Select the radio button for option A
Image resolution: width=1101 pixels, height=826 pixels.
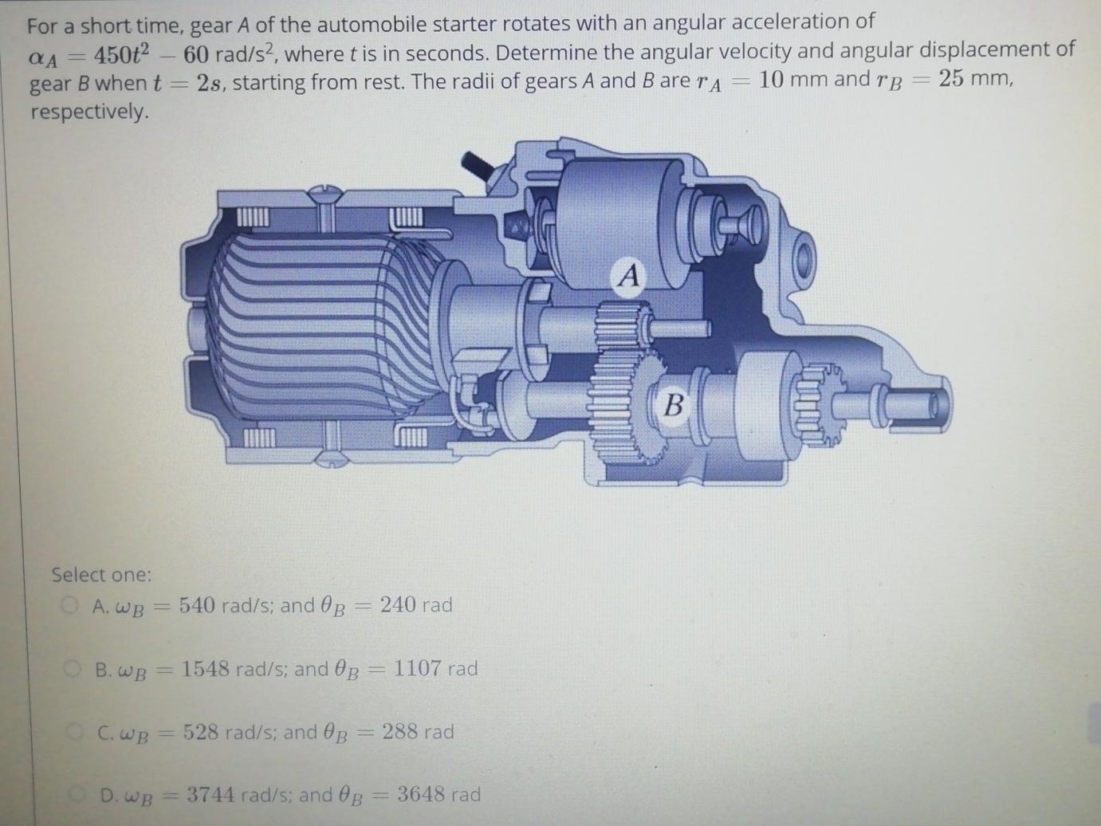pyautogui.click(x=70, y=604)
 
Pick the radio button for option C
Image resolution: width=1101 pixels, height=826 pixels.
pyautogui.click(x=77, y=730)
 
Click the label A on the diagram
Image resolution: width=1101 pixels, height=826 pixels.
pyautogui.click(x=629, y=276)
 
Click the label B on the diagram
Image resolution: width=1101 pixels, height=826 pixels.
pyautogui.click(x=674, y=405)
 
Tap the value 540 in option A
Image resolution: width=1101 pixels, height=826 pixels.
pyautogui.click(x=197, y=605)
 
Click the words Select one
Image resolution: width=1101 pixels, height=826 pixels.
pyautogui.click(x=101, y=575)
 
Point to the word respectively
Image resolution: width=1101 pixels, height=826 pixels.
pyautogui.click(x=89, y=112)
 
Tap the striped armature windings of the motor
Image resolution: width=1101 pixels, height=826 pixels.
pyautogui.click(x=319, y=327)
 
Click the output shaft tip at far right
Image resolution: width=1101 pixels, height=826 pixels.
pyautogui.click(x=929, y=405)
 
